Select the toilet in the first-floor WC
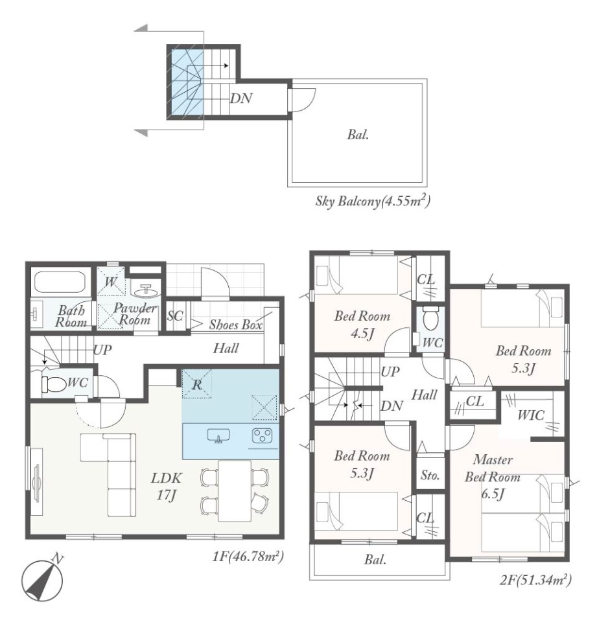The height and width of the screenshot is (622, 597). (x=53, y=384)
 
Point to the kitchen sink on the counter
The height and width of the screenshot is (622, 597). (x=218, y=435)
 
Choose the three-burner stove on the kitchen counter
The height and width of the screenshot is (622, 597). (x=263, y=435)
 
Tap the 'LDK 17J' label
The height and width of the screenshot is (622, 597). (x=167, y=487)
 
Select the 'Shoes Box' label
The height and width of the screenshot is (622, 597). (x=236, y=325)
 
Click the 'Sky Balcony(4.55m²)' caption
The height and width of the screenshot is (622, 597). (x=373, y=201)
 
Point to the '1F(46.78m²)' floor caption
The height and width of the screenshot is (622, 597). (x=248, y=557)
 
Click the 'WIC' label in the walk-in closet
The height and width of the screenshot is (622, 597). (x=531, y=415)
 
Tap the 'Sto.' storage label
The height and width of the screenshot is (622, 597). (x=430, y=475)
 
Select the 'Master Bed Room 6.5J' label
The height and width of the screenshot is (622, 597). (x=493, y=477)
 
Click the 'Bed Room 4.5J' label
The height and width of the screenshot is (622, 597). (x=362, y=325)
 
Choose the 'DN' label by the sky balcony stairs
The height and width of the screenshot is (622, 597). (x=241, y=98)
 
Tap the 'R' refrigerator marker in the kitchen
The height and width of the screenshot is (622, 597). (x=197, y=384)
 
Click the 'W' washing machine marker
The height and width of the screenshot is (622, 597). (x=111, y=282)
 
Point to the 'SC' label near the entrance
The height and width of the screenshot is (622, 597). (x=175, y=316)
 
